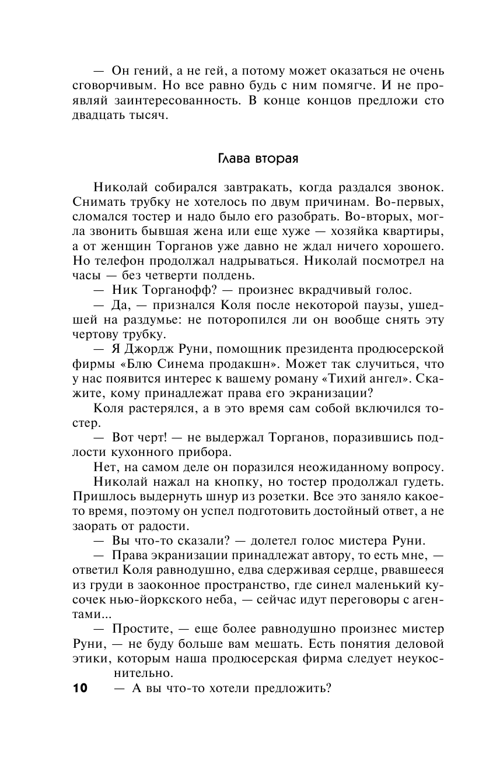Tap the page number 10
(80, 688)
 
